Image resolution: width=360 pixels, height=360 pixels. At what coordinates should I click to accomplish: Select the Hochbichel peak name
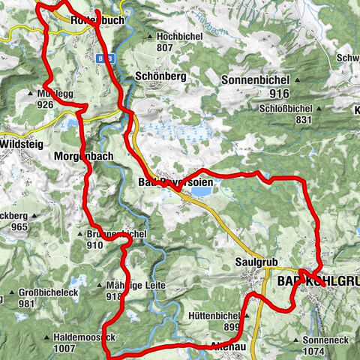[178, 36]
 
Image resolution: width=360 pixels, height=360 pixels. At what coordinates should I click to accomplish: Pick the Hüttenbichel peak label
[235, 316]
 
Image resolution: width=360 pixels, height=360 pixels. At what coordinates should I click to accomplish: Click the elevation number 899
[234, 328]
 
